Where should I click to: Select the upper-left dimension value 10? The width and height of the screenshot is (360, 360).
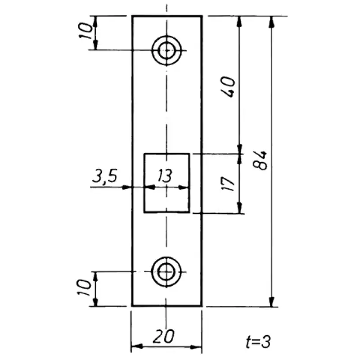click(85, 31)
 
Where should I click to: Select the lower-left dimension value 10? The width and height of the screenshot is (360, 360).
click(84, 287)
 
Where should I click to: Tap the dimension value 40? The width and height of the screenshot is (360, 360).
click(228, 87)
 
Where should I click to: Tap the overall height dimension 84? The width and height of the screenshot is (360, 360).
click(260, 160)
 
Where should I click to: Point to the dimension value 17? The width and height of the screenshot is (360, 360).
click(228, 184)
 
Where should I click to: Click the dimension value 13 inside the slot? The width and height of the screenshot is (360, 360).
click(165, 175)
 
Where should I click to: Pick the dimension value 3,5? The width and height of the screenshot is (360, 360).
click(105, 176)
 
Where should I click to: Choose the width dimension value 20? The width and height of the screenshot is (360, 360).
click(163, 336)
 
